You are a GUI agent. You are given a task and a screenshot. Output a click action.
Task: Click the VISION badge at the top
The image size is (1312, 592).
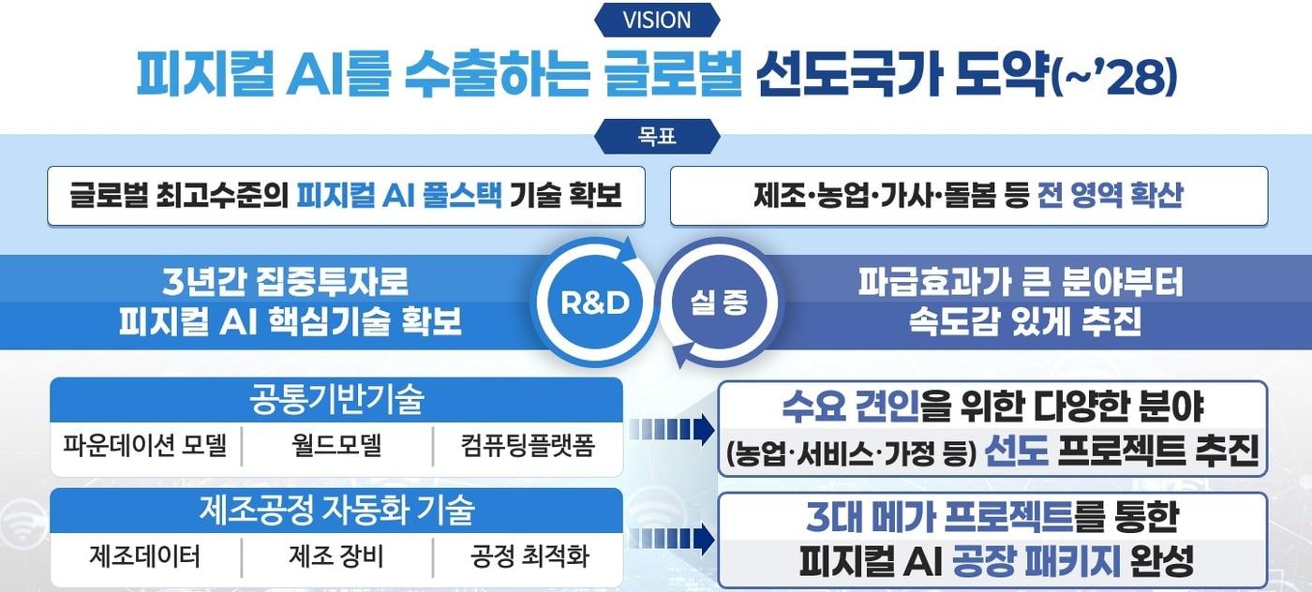656,20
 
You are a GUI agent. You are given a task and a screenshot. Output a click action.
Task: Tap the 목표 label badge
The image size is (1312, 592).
656,137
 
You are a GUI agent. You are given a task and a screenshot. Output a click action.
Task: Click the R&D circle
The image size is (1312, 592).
594,302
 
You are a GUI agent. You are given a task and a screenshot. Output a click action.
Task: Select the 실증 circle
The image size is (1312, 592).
720,302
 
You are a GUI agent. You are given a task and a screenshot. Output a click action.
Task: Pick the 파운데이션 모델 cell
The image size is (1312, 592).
145,446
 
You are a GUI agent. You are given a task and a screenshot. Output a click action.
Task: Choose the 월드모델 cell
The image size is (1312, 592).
336,446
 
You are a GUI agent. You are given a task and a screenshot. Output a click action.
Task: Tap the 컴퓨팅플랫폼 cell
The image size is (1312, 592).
529,446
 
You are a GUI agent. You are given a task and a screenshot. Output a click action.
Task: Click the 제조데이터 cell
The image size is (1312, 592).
145,556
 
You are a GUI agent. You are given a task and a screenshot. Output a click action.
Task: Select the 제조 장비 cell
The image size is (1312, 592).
336,556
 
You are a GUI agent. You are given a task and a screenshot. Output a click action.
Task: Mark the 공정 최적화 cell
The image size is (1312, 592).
529,556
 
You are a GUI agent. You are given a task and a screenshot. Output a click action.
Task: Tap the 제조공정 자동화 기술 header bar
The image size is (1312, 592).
335,511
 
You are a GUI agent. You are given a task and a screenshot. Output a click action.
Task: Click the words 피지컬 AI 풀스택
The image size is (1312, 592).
398,196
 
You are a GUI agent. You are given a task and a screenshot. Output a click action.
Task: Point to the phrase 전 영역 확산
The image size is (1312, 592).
1111,196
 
